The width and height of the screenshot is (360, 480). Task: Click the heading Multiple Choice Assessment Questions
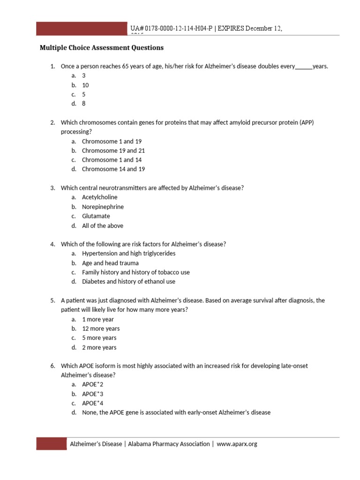click(102, 48)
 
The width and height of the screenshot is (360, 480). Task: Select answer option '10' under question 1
click(85, 85)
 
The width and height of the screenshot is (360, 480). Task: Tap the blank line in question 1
click(303, 67)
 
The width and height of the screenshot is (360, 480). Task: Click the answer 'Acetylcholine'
click(99, 197)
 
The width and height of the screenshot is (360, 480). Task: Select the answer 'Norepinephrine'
click(103, 207)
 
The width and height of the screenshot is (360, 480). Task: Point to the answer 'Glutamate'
click(96, 216)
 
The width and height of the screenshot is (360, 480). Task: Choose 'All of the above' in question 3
click(102, 225)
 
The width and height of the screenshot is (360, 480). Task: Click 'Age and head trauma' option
click(110, 263)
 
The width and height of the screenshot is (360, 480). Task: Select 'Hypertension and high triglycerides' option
click(128, 254)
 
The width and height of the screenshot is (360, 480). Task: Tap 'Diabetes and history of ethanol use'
click(128, 282)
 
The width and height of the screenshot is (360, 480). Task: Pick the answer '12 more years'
click(101, 329)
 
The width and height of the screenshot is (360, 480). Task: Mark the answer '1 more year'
click(98, 319)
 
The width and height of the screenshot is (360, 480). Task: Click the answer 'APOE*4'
click(92, 403)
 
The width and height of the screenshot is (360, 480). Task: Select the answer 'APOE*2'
click(92, 384)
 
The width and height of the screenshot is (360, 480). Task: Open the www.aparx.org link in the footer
click(237, 444)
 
